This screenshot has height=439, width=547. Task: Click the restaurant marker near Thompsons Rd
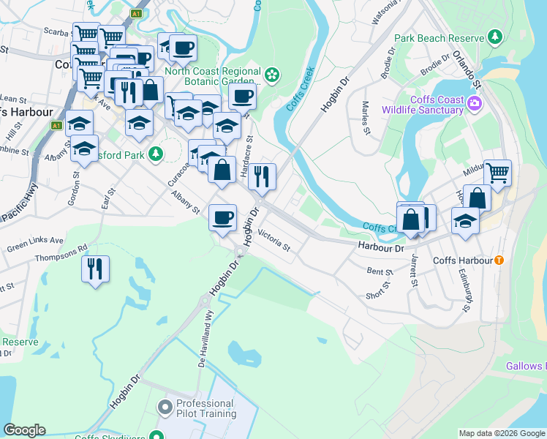pos(96,269)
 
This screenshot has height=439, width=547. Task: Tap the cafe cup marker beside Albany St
pos(222,217)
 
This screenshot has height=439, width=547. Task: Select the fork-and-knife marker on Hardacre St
pos(262,176)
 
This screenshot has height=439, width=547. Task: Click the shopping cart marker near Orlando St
pos(497,173)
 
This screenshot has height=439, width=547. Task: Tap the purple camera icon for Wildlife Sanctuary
pos(475,103)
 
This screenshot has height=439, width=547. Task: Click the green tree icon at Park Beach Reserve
pos(496,37)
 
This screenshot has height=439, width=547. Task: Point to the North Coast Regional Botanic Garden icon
pos(272,74)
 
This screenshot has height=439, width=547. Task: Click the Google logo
pos(24,430)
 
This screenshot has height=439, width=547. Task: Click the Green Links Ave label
pos(35,241)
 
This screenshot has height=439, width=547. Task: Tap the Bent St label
pos(380,271)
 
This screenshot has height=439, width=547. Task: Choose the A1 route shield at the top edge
pos(136,13)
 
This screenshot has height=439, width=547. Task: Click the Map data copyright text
pos(502,433)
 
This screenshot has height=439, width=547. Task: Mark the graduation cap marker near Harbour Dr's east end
pos(465,221)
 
